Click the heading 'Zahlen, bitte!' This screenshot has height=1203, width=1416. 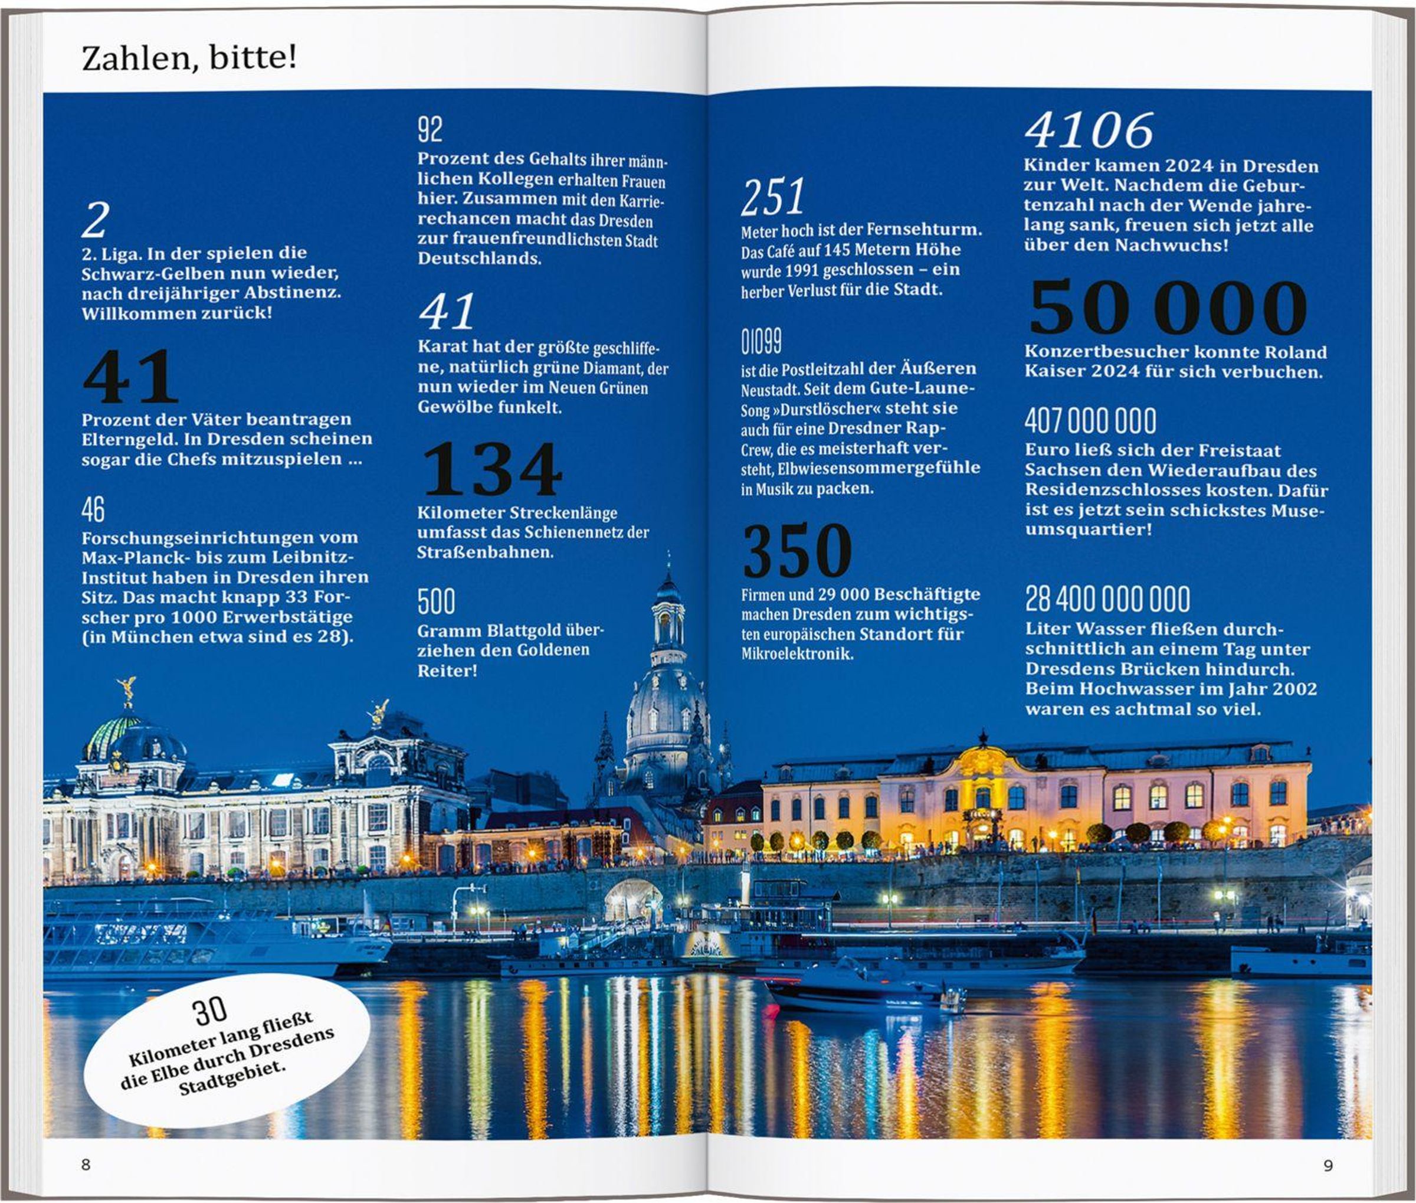pos(189,57)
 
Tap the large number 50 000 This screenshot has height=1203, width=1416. pos(1167,308)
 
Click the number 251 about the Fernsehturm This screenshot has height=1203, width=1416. pos(772,197)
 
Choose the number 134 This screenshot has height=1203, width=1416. pos(492,469)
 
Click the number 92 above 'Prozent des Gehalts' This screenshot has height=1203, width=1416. pos(430,130)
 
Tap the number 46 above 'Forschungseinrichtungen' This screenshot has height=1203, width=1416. pos(93,509)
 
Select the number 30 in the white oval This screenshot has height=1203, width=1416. pos(209,1011)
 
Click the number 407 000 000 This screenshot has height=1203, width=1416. pos(1090,421)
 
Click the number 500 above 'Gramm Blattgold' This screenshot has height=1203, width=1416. pos(437,601)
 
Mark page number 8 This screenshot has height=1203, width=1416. pos(86,1165)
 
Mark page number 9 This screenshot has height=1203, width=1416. pos(1328,1165)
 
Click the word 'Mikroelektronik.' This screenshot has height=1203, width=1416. pos(797,654)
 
